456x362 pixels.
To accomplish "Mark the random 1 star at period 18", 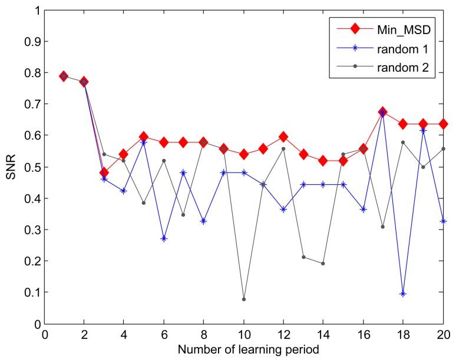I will (403, 294).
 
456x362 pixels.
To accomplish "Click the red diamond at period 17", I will (383, 112).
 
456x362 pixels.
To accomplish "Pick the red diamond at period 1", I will (64, 76).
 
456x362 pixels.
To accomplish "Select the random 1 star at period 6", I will (164, 238).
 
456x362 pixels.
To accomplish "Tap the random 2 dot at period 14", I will (323, 264).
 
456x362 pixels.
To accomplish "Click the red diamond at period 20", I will (443, 124).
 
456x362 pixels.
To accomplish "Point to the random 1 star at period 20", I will (443, 221).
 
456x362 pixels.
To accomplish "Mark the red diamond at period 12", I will (283, 137).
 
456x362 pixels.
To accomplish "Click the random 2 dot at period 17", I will (383, 227).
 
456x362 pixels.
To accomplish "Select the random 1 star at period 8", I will (204, 221).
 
